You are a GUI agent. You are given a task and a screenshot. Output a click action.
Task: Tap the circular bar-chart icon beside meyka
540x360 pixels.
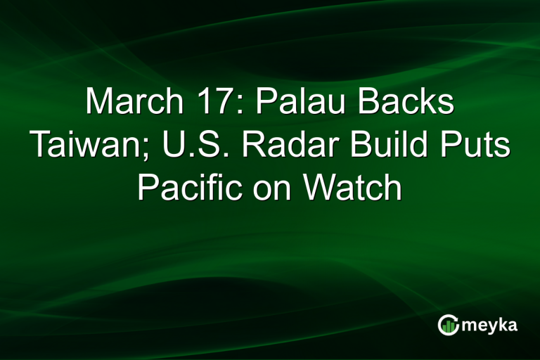click(x=448, y=324)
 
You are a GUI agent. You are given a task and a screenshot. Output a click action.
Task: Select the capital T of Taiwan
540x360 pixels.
click(x=39, y=146)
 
